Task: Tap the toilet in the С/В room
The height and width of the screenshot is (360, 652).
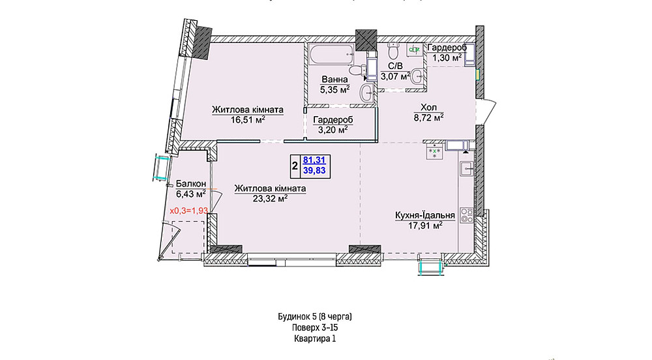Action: [x=392, y=51]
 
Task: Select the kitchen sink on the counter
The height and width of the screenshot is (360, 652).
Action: [x=467, y=169]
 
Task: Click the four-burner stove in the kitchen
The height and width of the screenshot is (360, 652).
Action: [x=467, y=215]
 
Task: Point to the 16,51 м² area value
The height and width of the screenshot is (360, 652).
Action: [x=248, y=120]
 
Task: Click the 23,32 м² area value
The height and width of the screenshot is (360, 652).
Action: [x=271, y=199]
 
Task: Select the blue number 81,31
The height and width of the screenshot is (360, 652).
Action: [x=314, y=160]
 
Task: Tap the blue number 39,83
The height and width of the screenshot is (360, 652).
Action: [x=314, y=170]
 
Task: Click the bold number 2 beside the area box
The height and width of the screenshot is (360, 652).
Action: [x=295, y=166]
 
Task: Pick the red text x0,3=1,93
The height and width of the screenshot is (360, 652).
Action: [x=189, y=211]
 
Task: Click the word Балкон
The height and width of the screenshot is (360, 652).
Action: [x=191, y=184]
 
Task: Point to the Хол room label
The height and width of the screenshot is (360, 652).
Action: [x=428, y=108]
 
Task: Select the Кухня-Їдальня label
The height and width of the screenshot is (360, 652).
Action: [x=424, y=215]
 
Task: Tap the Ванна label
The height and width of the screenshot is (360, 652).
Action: [x=334, y=80]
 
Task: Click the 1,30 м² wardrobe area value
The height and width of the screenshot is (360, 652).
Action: [x=447, y=58]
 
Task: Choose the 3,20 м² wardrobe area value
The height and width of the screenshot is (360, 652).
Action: [x=333, y=130]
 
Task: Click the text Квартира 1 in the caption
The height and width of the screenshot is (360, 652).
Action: [x=315, y=338]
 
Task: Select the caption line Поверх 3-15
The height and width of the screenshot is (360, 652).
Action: [x=315, y=327]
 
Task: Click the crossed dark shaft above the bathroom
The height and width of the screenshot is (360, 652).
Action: [x=366, y=40]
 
